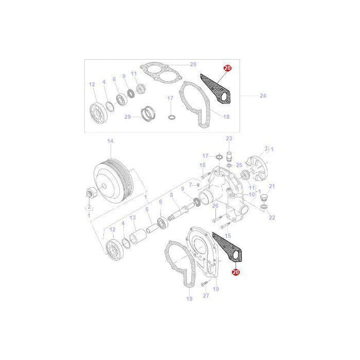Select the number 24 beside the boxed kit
point(263,96)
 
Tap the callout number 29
point(127,117)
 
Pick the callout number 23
point(228,138)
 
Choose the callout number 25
point(238,165)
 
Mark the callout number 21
point(272,186)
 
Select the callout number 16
point(203,165)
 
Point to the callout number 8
point(172,195)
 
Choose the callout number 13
point(133,218)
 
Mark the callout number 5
point(147,209)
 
